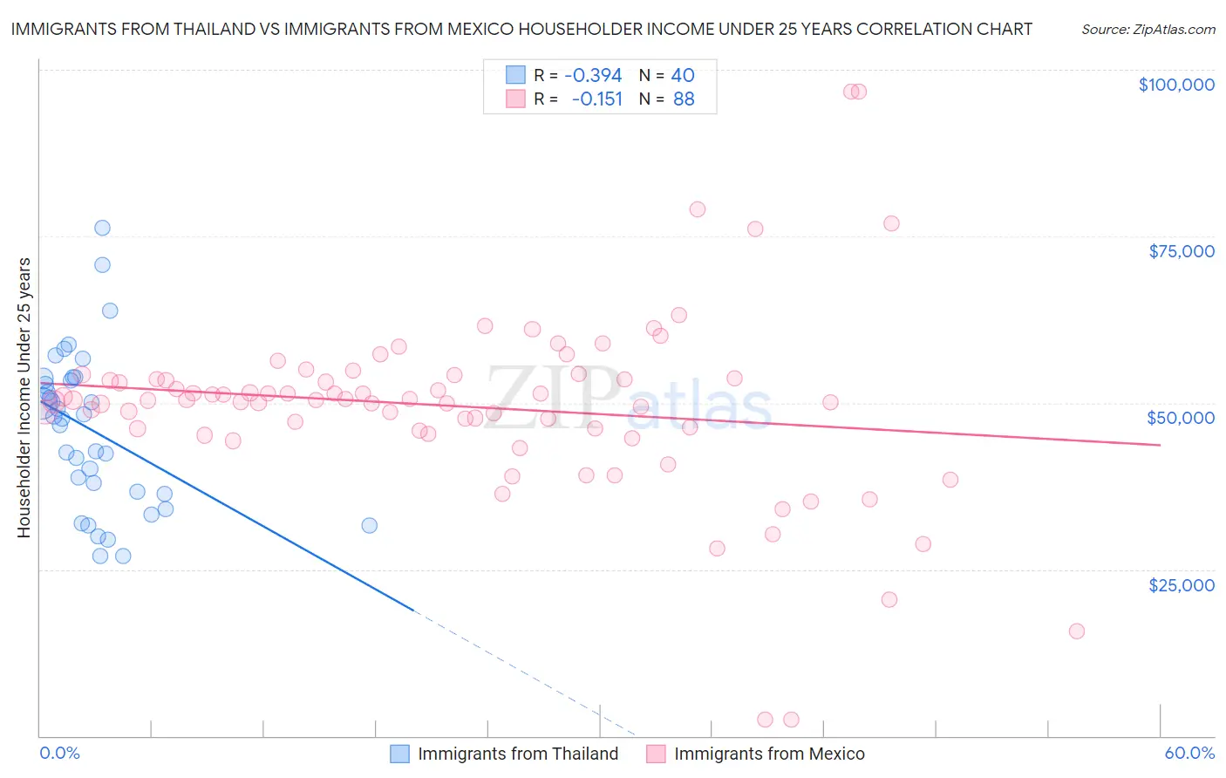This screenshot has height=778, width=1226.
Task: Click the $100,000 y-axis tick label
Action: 1176,85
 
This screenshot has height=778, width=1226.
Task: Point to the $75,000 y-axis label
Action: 1182,251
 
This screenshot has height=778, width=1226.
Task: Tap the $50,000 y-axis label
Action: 1181,418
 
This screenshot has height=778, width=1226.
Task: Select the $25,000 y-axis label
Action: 1182,585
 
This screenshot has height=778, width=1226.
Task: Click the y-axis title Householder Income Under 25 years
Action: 24,397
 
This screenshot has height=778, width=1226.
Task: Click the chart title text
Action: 521,29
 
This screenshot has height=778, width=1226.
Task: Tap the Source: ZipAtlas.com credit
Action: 1148,29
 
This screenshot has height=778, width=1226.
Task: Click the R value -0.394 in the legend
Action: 593,76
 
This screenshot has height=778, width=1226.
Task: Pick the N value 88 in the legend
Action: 684,99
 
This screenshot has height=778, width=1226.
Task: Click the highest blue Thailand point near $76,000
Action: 102,228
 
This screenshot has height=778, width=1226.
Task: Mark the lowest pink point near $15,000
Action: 1076,631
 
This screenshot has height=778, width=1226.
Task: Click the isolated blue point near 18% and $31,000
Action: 370,525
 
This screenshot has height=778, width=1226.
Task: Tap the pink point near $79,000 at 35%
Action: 698,209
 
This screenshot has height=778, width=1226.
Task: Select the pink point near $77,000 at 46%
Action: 891,223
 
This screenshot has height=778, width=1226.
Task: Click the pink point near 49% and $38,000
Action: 950,480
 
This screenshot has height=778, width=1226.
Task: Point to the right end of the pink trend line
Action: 1160,445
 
